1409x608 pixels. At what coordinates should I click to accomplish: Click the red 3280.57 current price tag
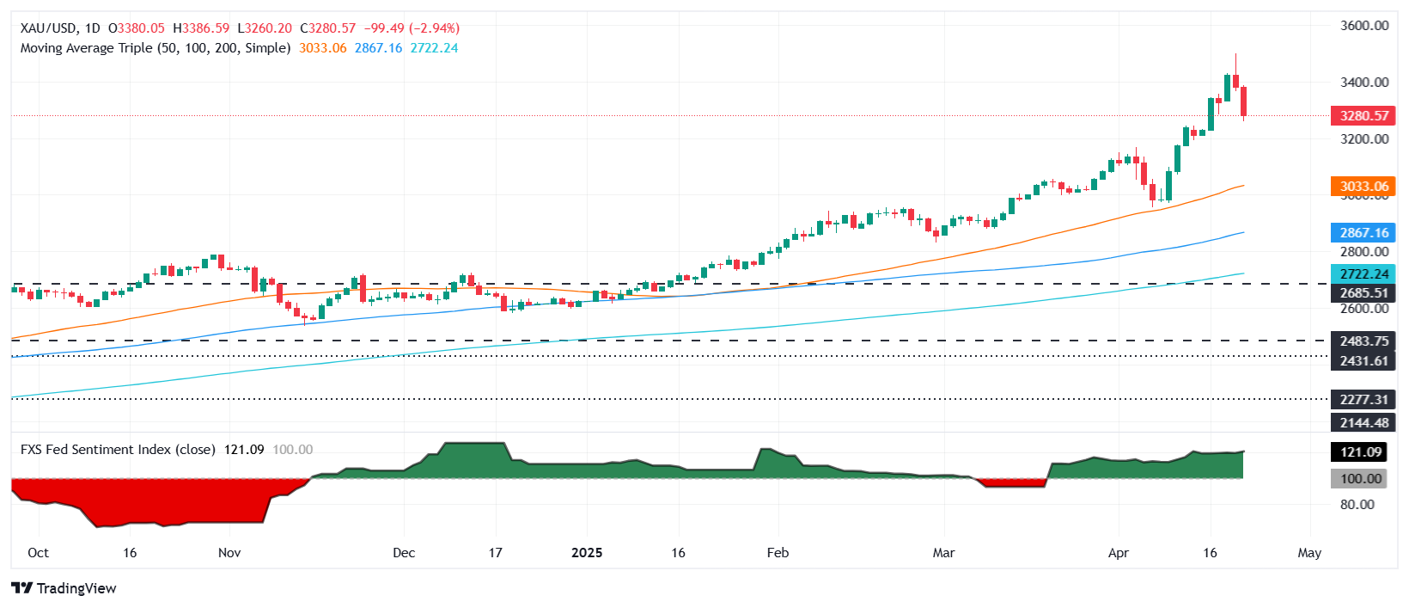click(1363, 115)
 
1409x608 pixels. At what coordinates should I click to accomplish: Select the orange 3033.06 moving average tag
click(1363, 186)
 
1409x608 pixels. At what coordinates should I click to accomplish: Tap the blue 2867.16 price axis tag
click(1363, 232)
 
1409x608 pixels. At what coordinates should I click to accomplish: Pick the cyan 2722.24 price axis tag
click(1363, 273)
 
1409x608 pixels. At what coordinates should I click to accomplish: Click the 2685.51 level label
click(1363, 292)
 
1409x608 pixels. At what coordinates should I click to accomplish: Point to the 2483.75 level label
click(1363, 341)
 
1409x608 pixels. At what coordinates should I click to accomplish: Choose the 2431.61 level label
click(1363, 360)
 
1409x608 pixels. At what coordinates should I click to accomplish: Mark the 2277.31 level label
click(1363, 399)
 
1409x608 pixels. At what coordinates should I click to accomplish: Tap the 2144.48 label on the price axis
click(1363, 422)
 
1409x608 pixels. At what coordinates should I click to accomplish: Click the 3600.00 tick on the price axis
click(1364, 26)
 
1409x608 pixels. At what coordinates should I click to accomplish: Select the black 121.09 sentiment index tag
click(1361, 451)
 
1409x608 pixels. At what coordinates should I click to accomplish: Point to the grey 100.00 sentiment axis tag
click(1361, 479)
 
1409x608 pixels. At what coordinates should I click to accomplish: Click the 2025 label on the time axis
click(587, 552)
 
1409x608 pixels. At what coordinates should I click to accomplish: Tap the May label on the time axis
click(1308, 552)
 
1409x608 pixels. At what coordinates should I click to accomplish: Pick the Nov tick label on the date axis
click(229, 552)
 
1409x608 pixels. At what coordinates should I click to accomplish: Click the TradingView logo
click(64, 588)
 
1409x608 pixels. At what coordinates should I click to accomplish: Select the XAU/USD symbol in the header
click(47, 28)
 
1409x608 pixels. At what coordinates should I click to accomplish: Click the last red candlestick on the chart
click(1243, 101)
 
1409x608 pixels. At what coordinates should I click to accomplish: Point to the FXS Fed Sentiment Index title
click(118, 450)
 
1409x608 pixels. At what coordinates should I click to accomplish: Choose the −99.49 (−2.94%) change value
click(411, 28)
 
